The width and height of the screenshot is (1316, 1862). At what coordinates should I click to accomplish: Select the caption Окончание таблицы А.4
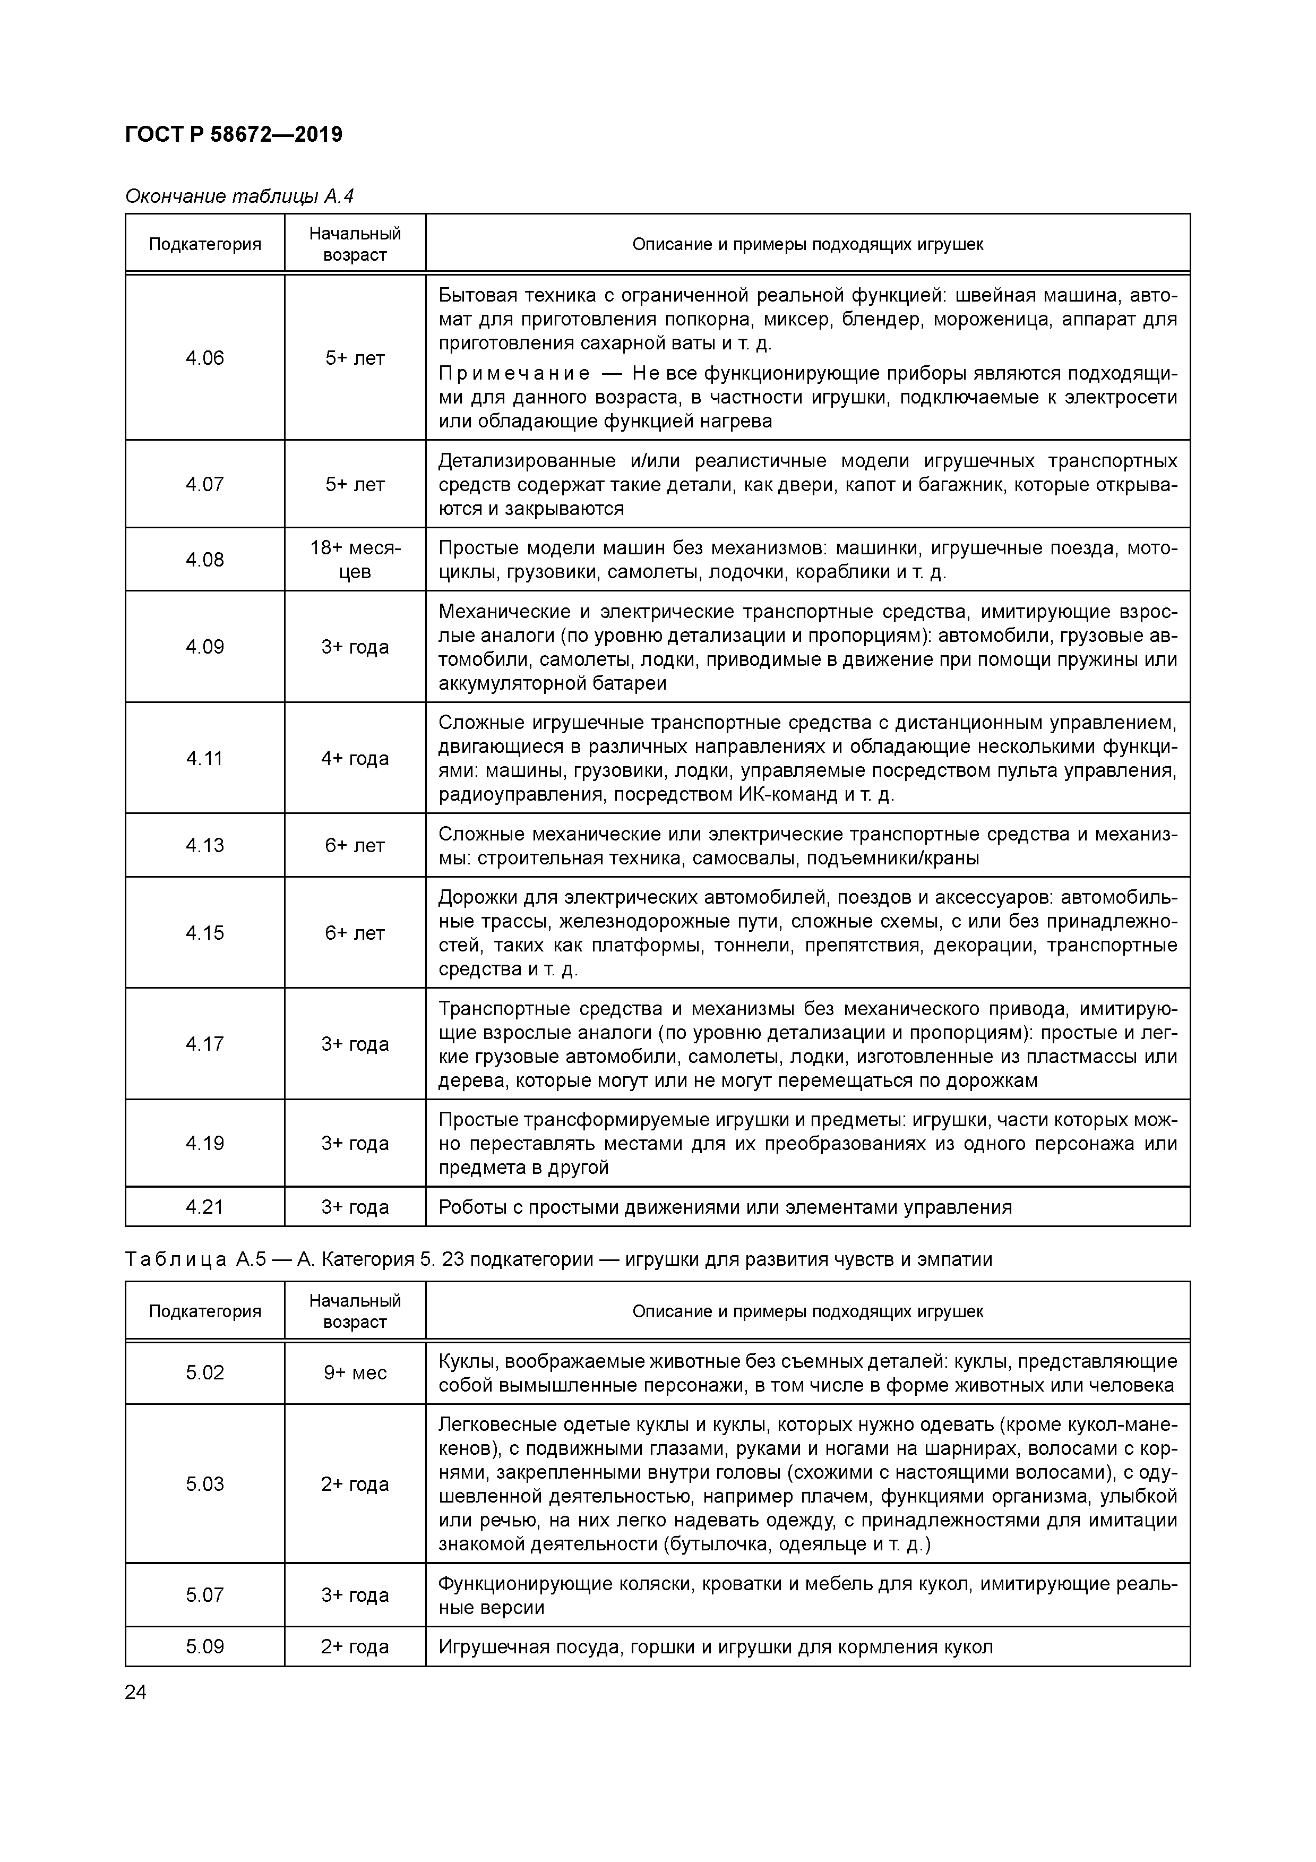click(x=239, y=196)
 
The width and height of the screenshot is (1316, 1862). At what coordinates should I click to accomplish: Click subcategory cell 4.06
click(x=204, y=358)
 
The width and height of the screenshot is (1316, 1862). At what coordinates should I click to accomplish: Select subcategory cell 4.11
click(x=204, y=758)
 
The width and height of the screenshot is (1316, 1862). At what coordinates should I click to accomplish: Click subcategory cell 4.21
click(x=204, y=1207)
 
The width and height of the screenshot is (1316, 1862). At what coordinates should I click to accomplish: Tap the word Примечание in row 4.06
click(x=514, y=374)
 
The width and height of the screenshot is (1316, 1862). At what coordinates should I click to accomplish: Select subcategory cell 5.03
click(x=204, y=1484)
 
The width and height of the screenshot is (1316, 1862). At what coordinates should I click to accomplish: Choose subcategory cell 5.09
click(x=204, y=1647)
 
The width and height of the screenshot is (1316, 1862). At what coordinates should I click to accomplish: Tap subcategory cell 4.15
click(x=204, y=933)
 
